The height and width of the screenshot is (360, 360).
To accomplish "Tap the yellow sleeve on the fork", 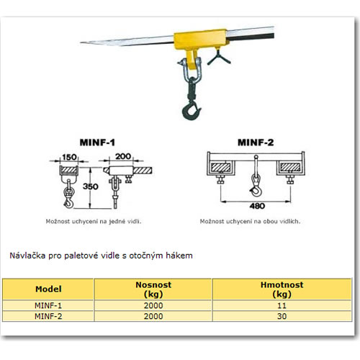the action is point(200,40).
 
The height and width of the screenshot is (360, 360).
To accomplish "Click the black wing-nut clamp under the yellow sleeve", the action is point(219,58).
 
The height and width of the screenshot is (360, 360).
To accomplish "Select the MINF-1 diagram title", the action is point(97,143).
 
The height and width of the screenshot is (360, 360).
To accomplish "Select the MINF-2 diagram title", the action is point(256,143).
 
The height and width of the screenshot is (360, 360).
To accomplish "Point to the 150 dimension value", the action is point(69,157).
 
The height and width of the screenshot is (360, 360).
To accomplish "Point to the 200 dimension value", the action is point(123,156).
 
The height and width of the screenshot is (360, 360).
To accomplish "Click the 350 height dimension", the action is point(90,186).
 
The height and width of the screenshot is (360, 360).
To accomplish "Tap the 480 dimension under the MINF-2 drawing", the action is point(257,206).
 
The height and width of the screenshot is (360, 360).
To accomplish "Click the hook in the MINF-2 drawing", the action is point(256,189).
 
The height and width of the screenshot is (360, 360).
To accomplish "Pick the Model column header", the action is point(48,289).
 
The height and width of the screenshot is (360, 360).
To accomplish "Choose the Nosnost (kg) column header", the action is point(153,289).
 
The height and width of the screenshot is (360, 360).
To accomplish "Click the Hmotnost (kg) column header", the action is point(282,289).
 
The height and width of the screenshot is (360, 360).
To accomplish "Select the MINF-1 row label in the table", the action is point(48,305).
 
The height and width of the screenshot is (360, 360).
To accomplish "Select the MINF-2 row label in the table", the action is point(48,316).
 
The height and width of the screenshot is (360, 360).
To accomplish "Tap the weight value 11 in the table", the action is point(282,305).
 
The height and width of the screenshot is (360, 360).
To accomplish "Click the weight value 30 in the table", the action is point(282,316).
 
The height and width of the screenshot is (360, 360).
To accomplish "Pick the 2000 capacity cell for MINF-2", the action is point(153,316).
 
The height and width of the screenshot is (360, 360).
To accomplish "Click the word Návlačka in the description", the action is point(27,256).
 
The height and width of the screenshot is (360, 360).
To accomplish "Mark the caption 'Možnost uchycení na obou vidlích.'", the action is point(250,221).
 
